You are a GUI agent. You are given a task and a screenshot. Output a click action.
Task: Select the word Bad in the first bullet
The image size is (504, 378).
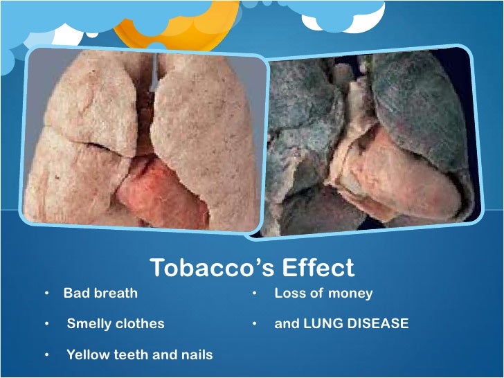click(75, 293)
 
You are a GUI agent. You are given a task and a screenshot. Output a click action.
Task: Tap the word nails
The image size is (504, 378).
click(197, 354)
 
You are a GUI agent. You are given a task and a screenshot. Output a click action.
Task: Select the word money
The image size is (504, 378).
click(350, 294)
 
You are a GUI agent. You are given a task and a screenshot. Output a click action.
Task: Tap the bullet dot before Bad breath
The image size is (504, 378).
click(46, 294)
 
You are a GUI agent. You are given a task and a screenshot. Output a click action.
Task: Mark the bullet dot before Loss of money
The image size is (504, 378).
click(255, 294)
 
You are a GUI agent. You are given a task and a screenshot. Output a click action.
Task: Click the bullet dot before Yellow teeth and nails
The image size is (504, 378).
click(46, 354)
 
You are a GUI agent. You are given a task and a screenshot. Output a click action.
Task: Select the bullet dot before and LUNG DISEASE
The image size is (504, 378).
click(255, 324)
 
